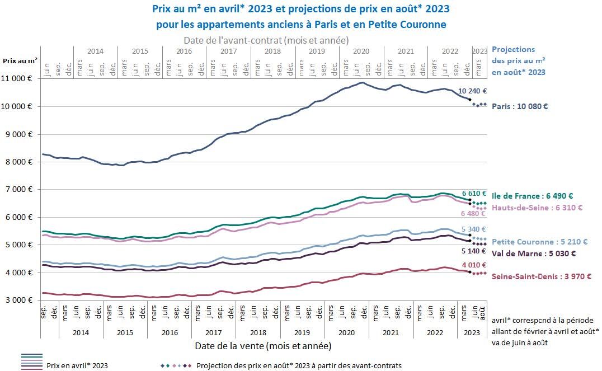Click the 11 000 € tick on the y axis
point(19,79)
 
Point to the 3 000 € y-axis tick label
point(21,300)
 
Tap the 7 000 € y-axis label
point(21,190)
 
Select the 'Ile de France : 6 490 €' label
point(540,196)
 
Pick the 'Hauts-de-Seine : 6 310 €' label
point(537,208)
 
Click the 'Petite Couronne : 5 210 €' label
point(539,242)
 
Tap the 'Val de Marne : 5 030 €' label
point(534,253)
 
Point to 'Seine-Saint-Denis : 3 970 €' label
point(541,276)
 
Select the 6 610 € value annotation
point(474,193)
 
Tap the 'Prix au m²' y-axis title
point(20,60)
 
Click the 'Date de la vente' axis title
point(262,346)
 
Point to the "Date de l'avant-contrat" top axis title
point(266,40)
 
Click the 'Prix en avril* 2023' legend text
point(77,366)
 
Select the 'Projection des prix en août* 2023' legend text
point(299,366)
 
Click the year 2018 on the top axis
point(272,51)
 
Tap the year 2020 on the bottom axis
point(346,332)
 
